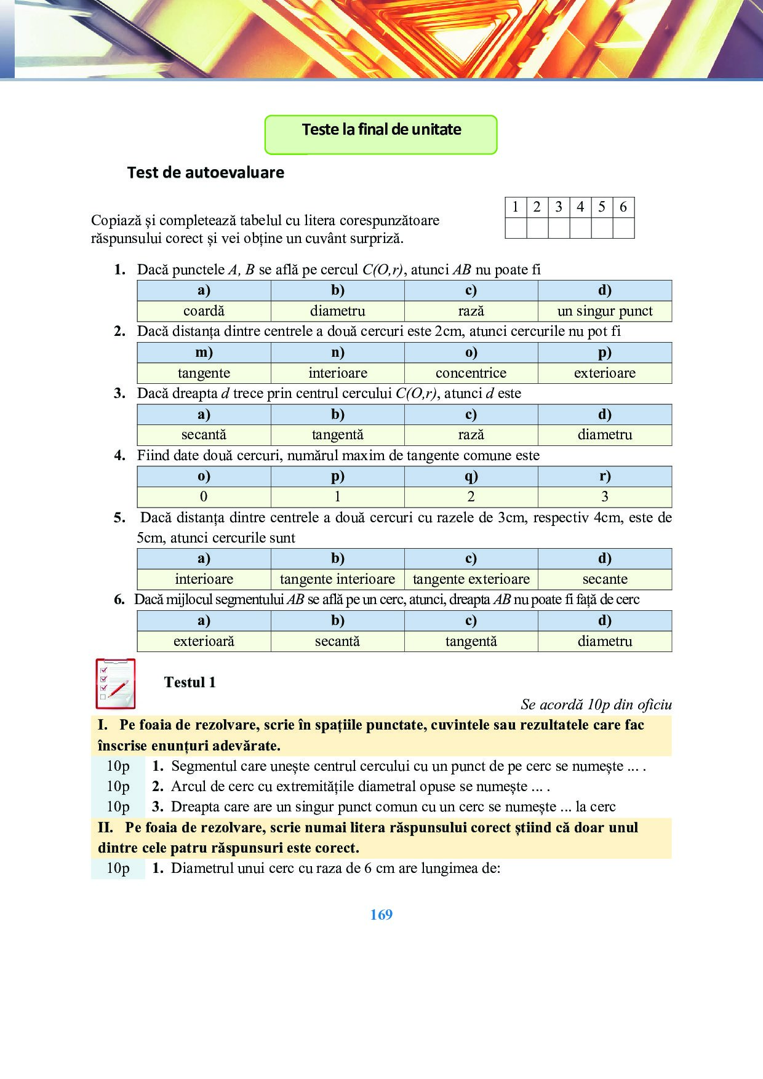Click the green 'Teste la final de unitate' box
click(381, 134)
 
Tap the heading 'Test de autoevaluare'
click(206, 173)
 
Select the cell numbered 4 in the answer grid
click(580, 207)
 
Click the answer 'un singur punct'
click(604, 311)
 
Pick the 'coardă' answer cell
click(204, 311)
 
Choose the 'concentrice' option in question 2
click(471, 373)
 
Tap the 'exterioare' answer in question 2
click(604, 373)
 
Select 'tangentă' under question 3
click(337, 435)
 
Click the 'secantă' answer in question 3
click(204, 435)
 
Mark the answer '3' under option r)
click(604, 497)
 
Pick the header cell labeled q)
click(471, 476)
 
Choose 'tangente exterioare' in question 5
click(471, 579)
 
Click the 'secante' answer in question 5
click(604, 579)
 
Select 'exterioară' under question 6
click(204, 642)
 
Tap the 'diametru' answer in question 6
click(604, 642)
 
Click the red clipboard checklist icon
click(116, 683)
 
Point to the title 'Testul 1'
click(190, 682)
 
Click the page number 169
click(381, 915)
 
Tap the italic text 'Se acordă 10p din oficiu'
click(596, 705)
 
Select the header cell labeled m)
click(204, 352)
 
